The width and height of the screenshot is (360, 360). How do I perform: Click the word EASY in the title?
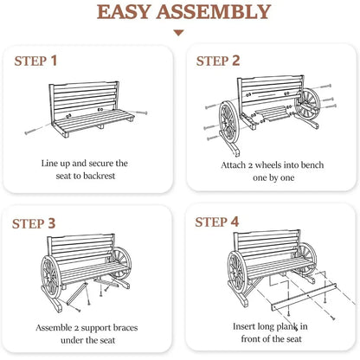pyautogui.click(x=124, y=12)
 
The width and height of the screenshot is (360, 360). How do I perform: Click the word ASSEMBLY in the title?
pyautogui.click(x=214, y=12)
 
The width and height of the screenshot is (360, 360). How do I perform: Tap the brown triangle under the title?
pyautogui.click(x=179, y=33)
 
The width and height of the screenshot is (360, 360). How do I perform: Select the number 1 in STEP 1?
pyautogui.click(x=54, y=61)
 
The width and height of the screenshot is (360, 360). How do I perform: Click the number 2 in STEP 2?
pyautogui.click(x=235, y=61)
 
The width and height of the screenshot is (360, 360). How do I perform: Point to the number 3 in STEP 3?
pyautogui.click(x=51, y=223)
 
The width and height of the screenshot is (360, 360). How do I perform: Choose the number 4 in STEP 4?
pyautogui.click(x=235, y=222)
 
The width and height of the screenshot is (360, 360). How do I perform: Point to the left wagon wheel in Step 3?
pyautogui.click(x=51, y=277)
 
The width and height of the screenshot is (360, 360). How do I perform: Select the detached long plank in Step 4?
pyautogui.click(x=304, y=297)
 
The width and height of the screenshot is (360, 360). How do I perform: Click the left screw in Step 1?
pyautogui.click(x=37, y=129)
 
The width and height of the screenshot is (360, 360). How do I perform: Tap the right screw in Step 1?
pyautogui.click(x=138, y=112)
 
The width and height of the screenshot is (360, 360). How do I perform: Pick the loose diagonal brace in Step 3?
pyautogui.click(x=77, y=293)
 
